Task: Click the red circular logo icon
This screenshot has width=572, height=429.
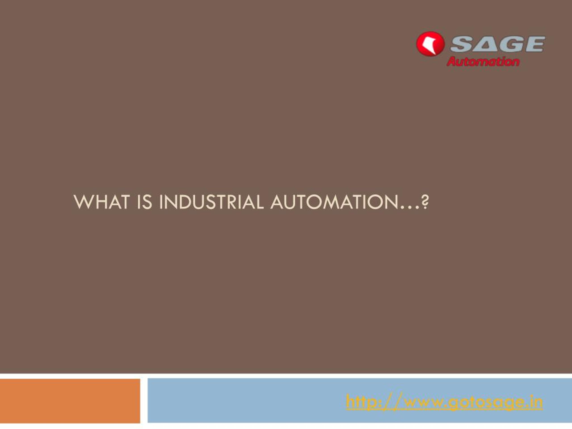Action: point(430,43)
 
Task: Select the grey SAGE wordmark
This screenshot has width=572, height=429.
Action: point(498,44)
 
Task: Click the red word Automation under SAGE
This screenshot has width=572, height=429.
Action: point(483,61)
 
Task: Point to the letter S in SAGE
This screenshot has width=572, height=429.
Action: point(462,44)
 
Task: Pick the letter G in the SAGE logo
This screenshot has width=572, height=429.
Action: point(509,44)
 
